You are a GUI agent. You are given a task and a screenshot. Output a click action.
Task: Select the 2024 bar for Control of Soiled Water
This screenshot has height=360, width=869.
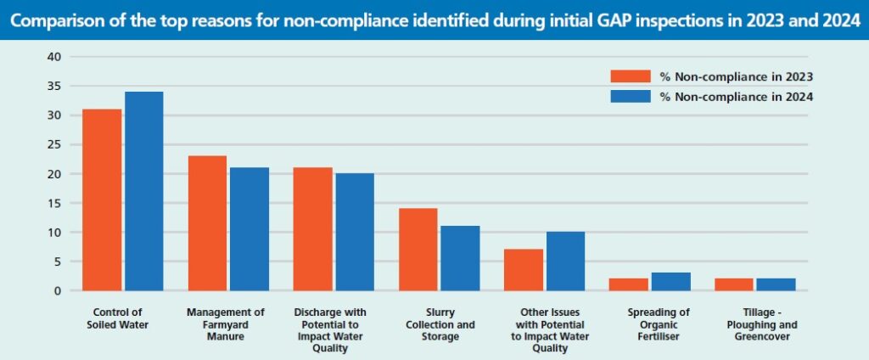pos(143,191)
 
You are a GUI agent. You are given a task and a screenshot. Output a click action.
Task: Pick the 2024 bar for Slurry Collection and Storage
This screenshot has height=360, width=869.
pos(460,258)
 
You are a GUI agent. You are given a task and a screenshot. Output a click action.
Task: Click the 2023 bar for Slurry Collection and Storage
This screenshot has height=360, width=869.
pos(418,250)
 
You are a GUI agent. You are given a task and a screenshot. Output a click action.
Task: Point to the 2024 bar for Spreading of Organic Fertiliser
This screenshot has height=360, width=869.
pos(670,282)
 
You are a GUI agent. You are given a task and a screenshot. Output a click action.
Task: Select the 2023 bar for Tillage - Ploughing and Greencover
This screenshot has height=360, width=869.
pos(734,284)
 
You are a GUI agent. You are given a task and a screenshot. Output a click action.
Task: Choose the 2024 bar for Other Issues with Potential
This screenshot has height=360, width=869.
pos(565,262)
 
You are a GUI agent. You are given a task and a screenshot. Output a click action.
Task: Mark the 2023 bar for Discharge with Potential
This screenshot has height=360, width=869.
pos(312,229)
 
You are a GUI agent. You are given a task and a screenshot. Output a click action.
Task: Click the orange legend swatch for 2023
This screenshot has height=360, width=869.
pos(630,76)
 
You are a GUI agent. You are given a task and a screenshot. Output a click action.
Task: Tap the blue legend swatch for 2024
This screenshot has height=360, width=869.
pos(630,96)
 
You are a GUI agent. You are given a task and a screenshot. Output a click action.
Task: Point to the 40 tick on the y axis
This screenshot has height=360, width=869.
pos(54,57)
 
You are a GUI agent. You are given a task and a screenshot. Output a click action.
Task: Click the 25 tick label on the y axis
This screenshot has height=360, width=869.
pos(54,144)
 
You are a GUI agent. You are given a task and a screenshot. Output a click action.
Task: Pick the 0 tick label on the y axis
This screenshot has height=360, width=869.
pos(58,290)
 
